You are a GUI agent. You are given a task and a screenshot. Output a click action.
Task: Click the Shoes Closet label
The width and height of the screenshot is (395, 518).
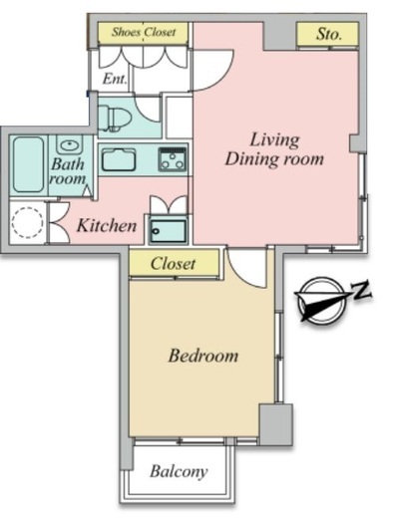[144, 32]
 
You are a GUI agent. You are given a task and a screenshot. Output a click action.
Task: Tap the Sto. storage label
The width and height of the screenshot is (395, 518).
[328, 34]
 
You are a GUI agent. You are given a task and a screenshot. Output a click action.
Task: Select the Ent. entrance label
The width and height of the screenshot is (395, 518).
[115, 79]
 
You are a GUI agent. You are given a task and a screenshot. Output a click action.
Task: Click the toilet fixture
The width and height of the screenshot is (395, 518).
[115, 118]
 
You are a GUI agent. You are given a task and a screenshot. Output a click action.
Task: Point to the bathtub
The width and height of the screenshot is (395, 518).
[28, 164]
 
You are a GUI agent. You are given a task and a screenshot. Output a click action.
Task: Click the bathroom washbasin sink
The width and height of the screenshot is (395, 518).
[70, 144]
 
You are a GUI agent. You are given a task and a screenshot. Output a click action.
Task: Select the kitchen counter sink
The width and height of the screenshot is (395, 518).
[119, 159]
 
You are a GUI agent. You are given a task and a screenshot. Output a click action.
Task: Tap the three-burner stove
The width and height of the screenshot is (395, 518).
[173, 159]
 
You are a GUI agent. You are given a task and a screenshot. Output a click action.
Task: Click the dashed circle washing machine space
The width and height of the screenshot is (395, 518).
[27, 222]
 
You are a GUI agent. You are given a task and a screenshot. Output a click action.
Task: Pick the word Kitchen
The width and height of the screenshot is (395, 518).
[107, 226]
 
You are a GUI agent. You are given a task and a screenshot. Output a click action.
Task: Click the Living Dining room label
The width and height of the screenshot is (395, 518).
[274, 149]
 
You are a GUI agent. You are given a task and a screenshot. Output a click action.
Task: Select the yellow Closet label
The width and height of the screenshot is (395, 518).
[173, 264]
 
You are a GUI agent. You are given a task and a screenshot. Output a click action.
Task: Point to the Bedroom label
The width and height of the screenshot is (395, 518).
[203, 356]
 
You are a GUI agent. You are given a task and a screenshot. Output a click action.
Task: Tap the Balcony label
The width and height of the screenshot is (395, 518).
[179, 471]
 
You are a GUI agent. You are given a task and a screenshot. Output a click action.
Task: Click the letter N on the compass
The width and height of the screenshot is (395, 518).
[361, 290]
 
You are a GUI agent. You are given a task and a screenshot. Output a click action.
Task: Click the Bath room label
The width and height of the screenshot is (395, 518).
[68, 171]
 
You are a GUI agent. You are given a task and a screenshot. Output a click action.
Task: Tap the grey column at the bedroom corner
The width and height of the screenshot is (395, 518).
[276, 424]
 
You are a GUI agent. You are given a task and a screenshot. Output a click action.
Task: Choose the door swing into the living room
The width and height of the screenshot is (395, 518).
[223, 76]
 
